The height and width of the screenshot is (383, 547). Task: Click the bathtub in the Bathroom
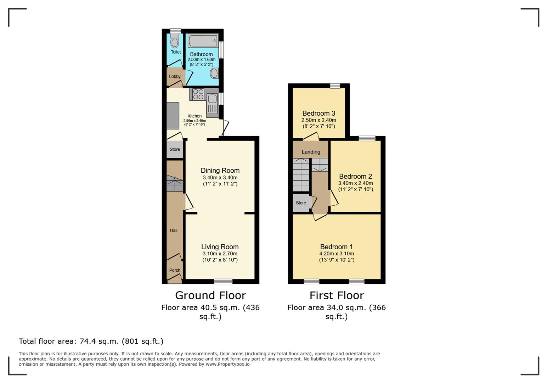pos(203,41)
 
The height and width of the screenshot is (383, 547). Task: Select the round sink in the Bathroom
pos(214,73)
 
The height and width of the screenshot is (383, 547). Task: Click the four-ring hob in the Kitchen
pos(198,94)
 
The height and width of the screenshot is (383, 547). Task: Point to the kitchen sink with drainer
pos(212,104)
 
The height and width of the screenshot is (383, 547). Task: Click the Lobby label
pos(175,77)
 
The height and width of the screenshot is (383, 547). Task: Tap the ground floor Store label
pos(175,149)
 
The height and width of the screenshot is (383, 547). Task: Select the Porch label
pos(175,270)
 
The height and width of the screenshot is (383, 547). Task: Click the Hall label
pos(174,230)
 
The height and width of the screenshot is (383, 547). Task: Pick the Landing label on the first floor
pos(311,152)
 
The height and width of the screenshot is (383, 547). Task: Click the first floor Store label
pos(301,203)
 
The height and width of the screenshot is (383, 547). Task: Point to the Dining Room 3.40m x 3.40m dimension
pos(220,178)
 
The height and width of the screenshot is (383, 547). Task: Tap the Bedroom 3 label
pos(319,113)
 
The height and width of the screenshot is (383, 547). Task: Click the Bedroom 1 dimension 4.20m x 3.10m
pos(337,254)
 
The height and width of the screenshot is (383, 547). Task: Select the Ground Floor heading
pos(210,295)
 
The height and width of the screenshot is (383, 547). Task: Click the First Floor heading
pos(337,295)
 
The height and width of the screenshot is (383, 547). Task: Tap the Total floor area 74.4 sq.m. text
pos(91,341)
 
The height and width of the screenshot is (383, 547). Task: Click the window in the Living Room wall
pos(223,281)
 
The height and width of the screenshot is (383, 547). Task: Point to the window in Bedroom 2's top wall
pos(367,138)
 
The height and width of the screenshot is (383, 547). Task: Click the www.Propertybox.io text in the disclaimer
pos(227,364)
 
